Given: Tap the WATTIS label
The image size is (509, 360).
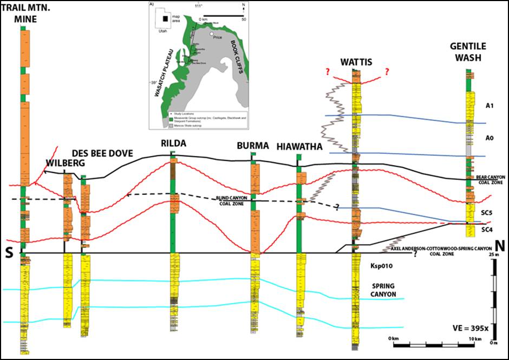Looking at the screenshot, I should pyautogui.click(x=356, y=63).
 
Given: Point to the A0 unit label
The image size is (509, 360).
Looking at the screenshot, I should pyautogui.click(x=489, y=139).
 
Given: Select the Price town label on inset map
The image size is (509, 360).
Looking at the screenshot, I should pyautogui.click(x=218, y=37).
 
